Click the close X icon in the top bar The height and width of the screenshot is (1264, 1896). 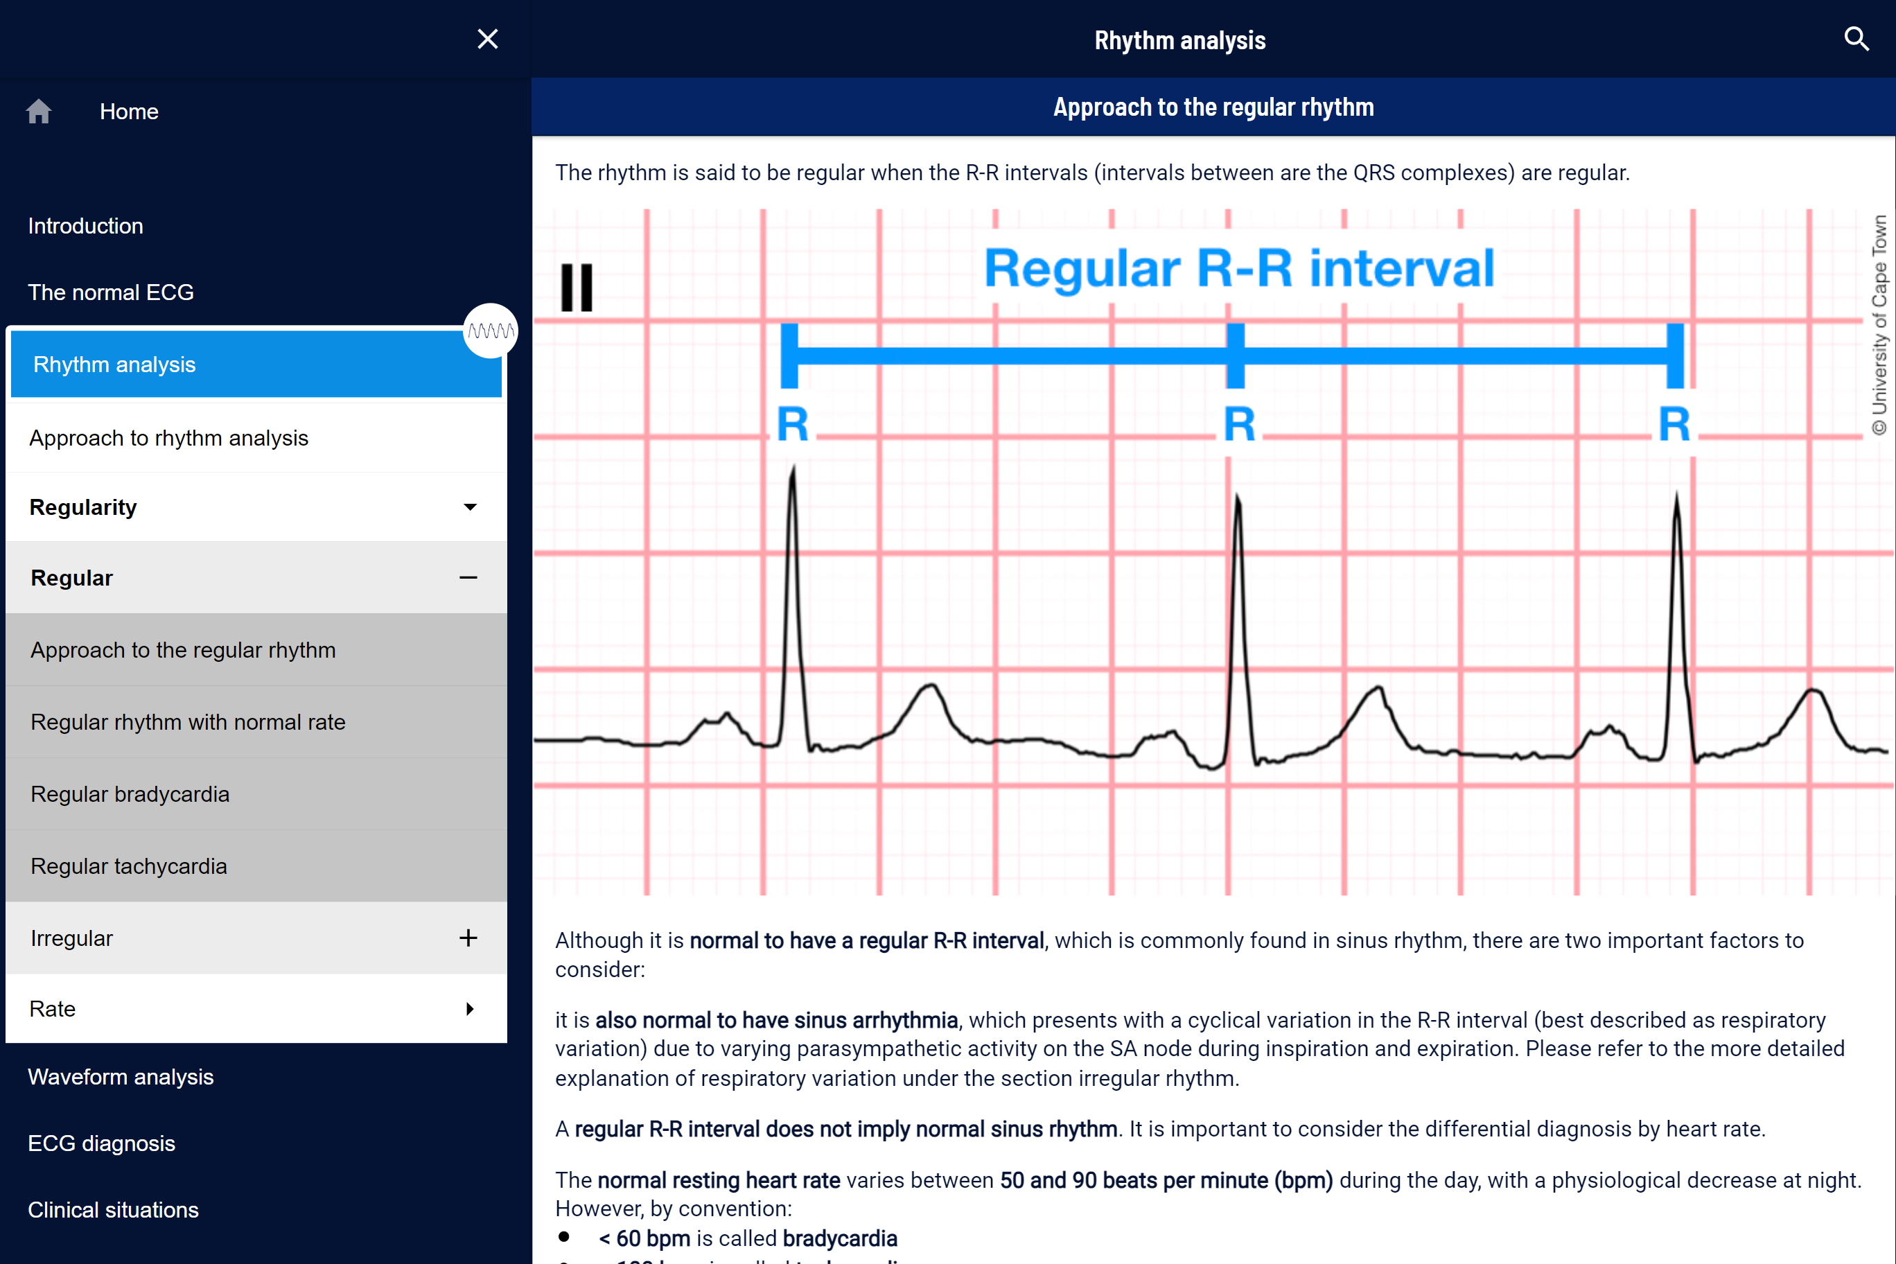pyautogui.click(x=488, y=39)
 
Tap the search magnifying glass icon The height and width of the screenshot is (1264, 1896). pyautogui.click(x=1857, y=39)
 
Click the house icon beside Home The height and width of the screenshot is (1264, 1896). pyautogui.click(x=39, y=112)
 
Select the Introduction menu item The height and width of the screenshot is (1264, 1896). pyautogui.click(x=85, y=226)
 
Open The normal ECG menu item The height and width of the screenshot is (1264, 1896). pyautogui.click(x=110, y=292)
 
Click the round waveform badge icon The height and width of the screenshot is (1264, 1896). pyautogui.click(x=490, y=331)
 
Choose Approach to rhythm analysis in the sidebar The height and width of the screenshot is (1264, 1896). pyautogui.click(x=168, y=438)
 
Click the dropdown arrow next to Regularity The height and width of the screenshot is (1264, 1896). pyautogui.click(x=470, y=507)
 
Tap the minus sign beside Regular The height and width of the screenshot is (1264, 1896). pyautogui.click(x=468, y=577)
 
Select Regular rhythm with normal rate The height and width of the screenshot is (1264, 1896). pyautogui.click(x=188, y=721)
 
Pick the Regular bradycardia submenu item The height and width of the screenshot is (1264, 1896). pyautogui.click(x=130, y=794)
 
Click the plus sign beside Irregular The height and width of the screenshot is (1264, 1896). pyautogui.click(x=468, y=938)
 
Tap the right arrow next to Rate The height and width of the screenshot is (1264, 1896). pyautogui.click(x=470, y=1008)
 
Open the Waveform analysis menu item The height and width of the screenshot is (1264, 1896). pyautogui.click(x=121, y=1077)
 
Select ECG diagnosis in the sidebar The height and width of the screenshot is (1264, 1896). pyautogui.click(x=102, y=1143)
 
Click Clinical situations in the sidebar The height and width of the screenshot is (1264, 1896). pyautogui.click(x=113, y=1210)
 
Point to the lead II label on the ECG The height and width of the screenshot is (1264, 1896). pyautogui.click(x=577, y=287)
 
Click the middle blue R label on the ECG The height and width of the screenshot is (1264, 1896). pyautogui.click(x=1239, y=424)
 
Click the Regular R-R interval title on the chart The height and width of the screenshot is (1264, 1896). pyautogui.click(x=1239, y=268)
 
